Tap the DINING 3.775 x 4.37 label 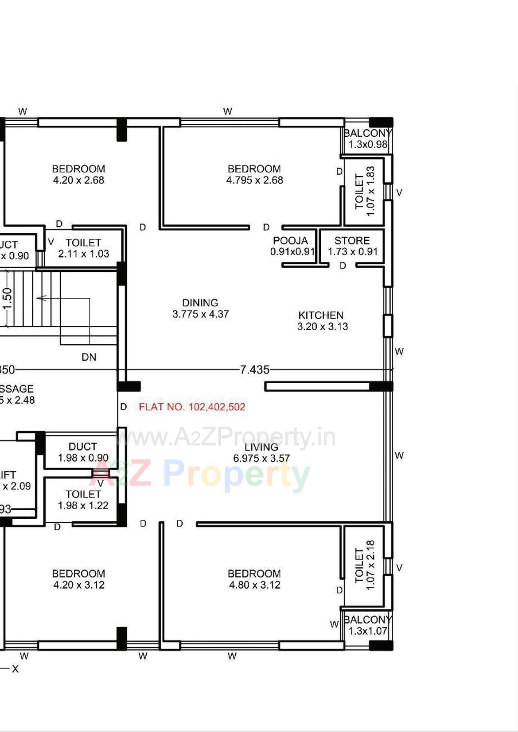click(x=200, y=308)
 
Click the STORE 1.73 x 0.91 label click(x=352, y=246)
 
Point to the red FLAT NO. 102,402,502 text click(x=192, y=407)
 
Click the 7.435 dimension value click(x=254, y=370)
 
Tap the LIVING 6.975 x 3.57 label click(x=261, y=452)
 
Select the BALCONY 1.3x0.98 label click(x=367, y=139)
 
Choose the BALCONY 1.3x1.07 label click(x=367, y=625)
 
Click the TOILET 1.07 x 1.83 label click(x=365, y=191)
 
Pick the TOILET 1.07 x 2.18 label click(x=365, y=565)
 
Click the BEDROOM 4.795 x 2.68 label click(x=254, y=174)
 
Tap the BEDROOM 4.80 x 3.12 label click(x=254, y=579)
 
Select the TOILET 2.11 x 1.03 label click(x=83, y=248)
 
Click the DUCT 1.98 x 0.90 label click(x=83, y=452)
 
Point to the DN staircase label click(x=89, y=357)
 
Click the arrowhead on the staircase click(x=40, y=298)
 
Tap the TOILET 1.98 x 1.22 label click(x=83, y=500)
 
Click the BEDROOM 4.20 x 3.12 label click(x=78, y=579)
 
